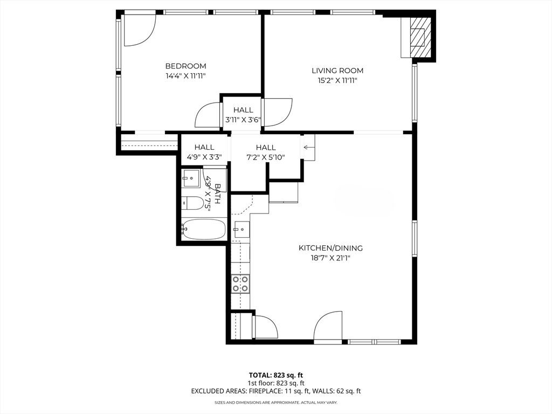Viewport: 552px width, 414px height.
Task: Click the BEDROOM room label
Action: coord(185,66)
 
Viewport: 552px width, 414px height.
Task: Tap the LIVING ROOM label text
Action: coord(337,71)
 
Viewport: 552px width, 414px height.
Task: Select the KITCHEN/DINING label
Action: coord(330,248)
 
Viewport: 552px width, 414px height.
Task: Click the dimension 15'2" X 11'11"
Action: coord(337,81)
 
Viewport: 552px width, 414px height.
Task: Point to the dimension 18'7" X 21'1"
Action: coord(330,258)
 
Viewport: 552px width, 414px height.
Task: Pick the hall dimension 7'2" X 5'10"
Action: coord(265,157)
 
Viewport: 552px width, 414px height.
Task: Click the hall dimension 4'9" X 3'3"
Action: coord(204,157)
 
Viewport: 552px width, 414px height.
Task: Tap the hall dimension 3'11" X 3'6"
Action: coord(243,120)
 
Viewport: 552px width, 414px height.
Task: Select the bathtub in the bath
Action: coord(204,229)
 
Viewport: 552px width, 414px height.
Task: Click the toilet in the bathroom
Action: coord(193,203)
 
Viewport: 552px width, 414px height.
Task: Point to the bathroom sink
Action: coord(191,178)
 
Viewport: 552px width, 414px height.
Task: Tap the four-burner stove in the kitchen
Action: coord(240,284)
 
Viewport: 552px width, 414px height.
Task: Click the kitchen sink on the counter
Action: coord(242,229)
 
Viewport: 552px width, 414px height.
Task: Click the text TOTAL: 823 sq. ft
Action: coord(275,375)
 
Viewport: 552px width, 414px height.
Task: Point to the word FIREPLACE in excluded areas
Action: coord(265,391)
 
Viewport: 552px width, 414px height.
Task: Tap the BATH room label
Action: coord(217,194)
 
